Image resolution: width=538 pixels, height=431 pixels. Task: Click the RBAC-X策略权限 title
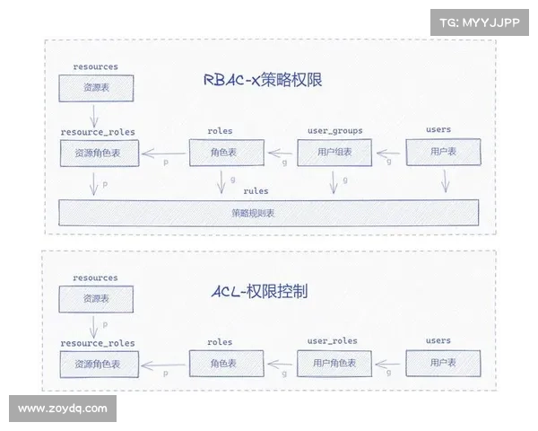click(x=263, y=81)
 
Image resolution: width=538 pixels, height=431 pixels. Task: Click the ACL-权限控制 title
click(x=260, y=292)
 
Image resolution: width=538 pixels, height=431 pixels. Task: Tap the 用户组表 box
click(x=334, y=153)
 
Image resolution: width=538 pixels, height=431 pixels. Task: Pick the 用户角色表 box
click(x=334, y=363)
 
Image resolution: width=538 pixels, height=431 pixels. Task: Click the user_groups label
click(x=334, y=130)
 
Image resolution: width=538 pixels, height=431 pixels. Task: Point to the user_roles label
click(x=333, y=341)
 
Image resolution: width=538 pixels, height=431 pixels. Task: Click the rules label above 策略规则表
click(x=256, y=191)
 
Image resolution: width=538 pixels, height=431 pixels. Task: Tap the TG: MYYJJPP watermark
click(x=480, y=23)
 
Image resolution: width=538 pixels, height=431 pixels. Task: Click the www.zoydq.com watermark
click(x=63, y=409)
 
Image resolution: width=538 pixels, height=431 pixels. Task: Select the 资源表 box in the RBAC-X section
click(x=96, y=88)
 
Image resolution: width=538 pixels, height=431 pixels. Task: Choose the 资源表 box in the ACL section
click(x=96, y=299)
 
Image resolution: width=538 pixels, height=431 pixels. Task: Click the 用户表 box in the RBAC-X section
click(x=438, y=153)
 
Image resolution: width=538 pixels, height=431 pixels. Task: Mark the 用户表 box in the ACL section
click(x=438, y=363)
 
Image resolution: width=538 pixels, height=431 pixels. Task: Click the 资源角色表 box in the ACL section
click(x=98, y=364)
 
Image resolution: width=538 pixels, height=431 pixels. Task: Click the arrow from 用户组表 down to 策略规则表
click(x=334, y=183)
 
